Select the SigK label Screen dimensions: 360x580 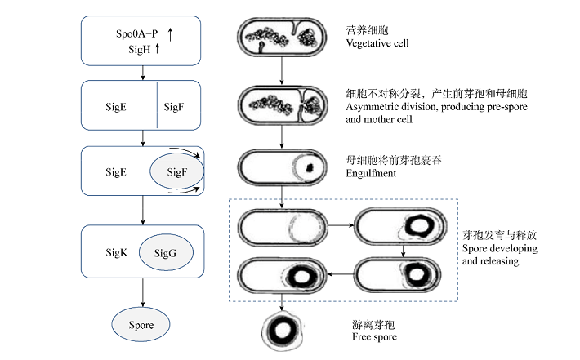point(118,253)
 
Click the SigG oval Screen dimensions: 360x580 point(166,254)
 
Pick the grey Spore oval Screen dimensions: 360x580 point(142,324)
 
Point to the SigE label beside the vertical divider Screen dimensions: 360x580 point(116,106)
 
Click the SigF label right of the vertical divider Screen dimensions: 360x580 point(175,106)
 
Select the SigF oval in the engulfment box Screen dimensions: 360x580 point(176,172)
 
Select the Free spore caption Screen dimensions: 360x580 point(374,337)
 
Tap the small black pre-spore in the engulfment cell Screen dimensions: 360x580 point(310,169)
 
